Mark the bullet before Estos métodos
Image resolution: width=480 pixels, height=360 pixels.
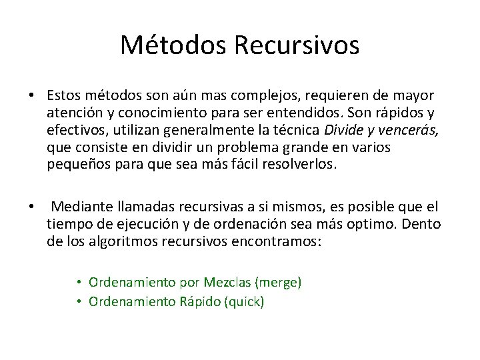pos(31,97)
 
